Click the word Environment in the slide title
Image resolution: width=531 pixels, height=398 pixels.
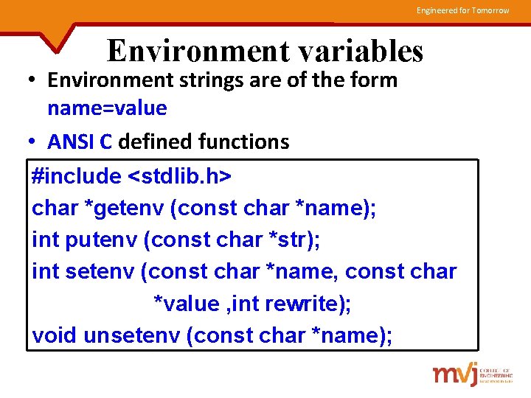[188, 52]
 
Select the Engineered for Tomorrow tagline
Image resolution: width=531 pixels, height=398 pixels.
[462, 10]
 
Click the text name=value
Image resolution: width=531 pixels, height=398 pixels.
[107, 108]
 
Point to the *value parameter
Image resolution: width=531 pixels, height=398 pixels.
[185, 304]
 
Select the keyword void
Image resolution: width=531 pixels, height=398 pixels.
[55, 335]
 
